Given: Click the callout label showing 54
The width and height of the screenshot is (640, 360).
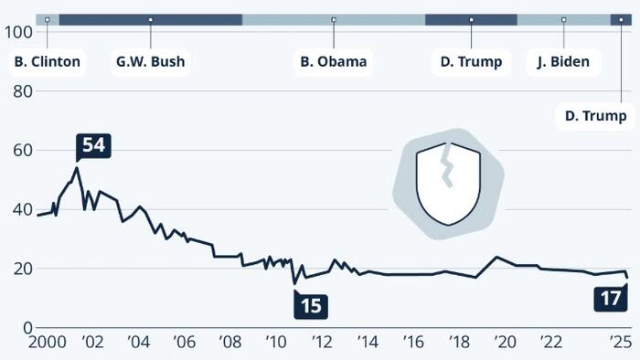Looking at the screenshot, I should [93, 145].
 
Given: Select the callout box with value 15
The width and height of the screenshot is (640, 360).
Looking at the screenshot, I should [311, 305].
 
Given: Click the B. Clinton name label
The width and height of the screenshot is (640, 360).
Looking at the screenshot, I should [48, 62].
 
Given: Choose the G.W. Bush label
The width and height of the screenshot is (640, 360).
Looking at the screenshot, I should [150, 62].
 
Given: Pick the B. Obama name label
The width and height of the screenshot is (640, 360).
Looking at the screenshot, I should [334, 62].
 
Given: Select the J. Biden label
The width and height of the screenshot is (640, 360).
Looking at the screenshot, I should [563, 62].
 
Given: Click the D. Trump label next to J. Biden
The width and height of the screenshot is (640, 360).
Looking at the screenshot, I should [471, 62].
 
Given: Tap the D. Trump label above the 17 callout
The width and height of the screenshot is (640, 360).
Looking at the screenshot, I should [596, 115].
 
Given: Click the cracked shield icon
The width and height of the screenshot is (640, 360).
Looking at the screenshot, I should [448, 183].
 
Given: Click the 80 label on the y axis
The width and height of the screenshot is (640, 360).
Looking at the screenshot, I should [23, 91].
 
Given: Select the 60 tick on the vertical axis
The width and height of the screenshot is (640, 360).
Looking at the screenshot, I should [23, 150].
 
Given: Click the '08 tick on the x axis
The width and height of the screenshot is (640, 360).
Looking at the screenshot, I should [230, 342].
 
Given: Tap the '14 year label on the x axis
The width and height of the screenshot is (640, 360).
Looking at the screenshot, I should [368, 342].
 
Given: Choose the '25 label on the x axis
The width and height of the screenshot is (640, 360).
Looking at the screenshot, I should [620, 342].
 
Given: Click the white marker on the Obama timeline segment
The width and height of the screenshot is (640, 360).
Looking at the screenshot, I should [334, 19].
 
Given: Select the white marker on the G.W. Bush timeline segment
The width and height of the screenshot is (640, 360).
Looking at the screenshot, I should [150, 19].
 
